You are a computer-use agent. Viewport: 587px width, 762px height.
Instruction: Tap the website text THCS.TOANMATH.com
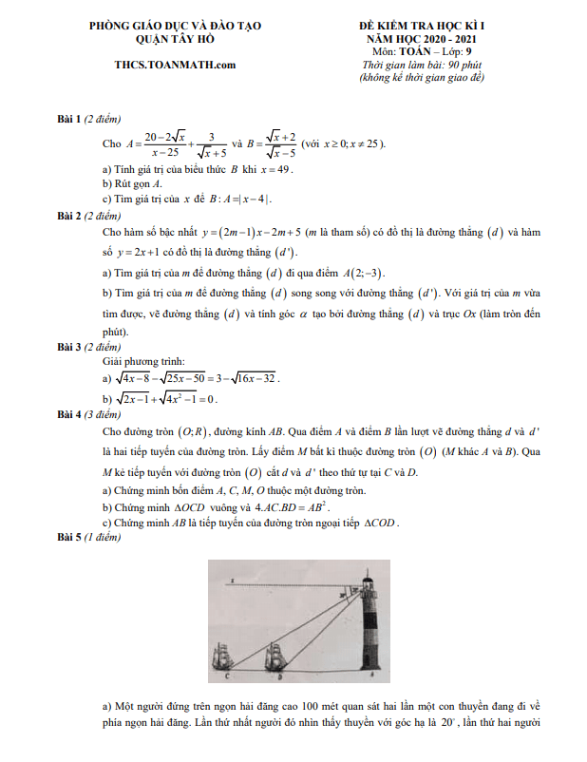coord(174,65)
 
